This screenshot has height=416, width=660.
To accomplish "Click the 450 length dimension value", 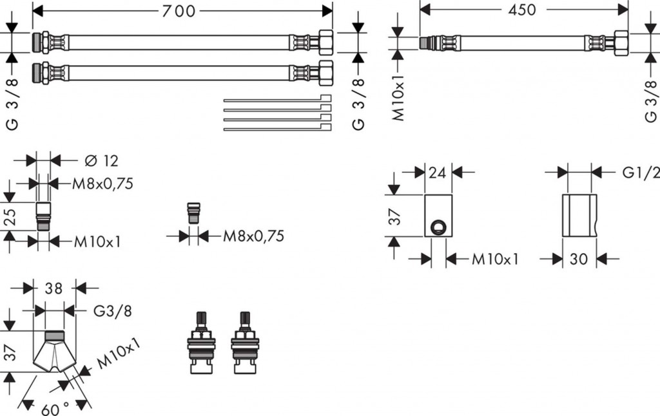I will [x=523, y=10].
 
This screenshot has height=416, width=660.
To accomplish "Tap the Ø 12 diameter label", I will [x=102, y=160].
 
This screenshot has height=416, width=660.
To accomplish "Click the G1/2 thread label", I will [x=641, y=173].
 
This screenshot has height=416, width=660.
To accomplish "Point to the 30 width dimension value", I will [x=579, y=259].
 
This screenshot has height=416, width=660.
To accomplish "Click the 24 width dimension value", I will [x=438, y=173].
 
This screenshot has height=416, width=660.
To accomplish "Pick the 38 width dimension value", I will [x=53, y=288].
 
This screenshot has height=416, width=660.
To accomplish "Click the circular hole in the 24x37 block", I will [x=438, y=226].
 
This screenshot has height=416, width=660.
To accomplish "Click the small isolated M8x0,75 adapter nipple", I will [x=193, y=213].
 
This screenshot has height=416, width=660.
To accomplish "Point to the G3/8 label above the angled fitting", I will [x=113, y=311].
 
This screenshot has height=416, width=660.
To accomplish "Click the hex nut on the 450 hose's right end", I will [x=622, y=43].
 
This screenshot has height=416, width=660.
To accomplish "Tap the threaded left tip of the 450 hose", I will [x=426, y=43].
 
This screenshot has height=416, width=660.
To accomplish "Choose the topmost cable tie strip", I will [x=277, y=99].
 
